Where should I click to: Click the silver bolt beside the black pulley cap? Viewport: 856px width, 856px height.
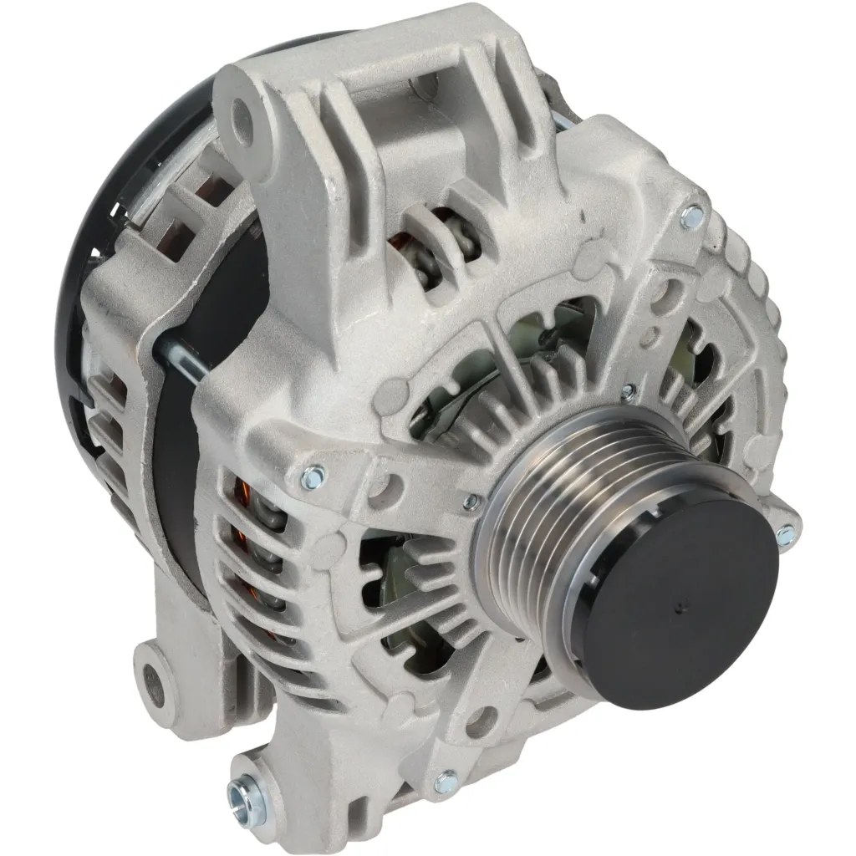pos(785,535)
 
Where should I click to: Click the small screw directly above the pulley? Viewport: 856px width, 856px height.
pos(629,390)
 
